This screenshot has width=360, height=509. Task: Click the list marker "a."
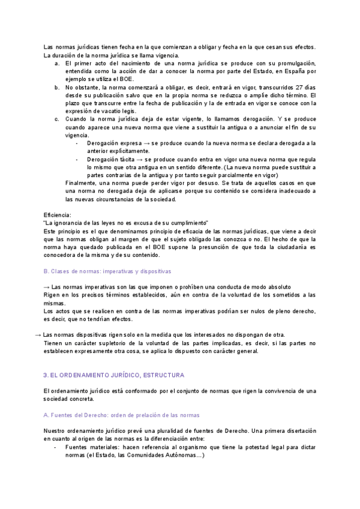56,63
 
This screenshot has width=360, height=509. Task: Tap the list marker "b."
56,87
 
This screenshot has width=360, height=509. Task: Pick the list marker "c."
56,119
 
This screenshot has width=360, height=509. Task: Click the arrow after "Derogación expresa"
147,143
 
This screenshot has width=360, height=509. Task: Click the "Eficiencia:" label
58,215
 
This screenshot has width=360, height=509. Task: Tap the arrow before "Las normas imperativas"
47,287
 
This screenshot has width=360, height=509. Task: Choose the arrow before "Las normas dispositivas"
38,334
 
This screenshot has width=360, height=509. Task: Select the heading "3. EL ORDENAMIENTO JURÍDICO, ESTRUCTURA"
114,375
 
